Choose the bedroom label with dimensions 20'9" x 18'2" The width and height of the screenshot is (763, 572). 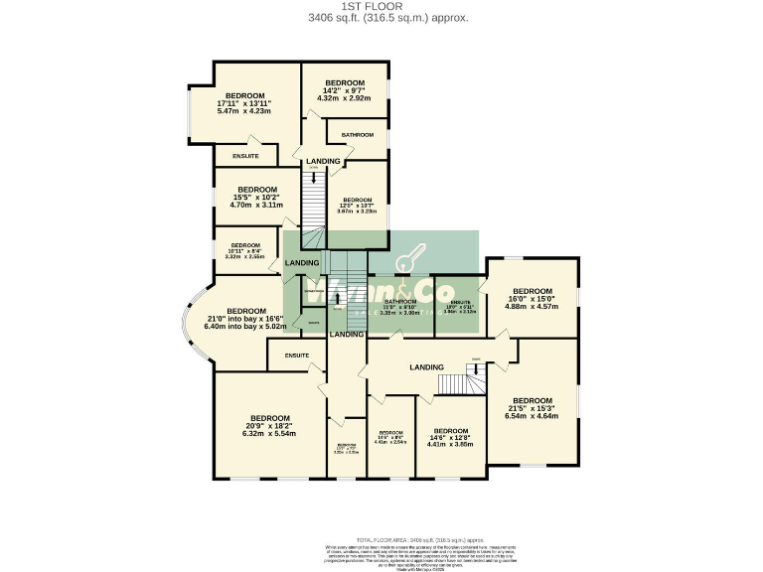(269, 425)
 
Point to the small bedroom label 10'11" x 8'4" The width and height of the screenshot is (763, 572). (245, 250)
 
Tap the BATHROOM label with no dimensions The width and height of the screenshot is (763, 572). (358, 135)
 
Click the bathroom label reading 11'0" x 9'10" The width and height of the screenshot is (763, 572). (399, 306)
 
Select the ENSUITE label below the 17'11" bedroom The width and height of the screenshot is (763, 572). (245, 156)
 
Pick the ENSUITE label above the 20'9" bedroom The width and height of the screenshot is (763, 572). (297, 355)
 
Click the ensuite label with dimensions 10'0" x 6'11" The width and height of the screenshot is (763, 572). (460, 307)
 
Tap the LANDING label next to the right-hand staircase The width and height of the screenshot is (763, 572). (427, 367)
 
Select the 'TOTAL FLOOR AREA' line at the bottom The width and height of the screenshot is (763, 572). (381, 537)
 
